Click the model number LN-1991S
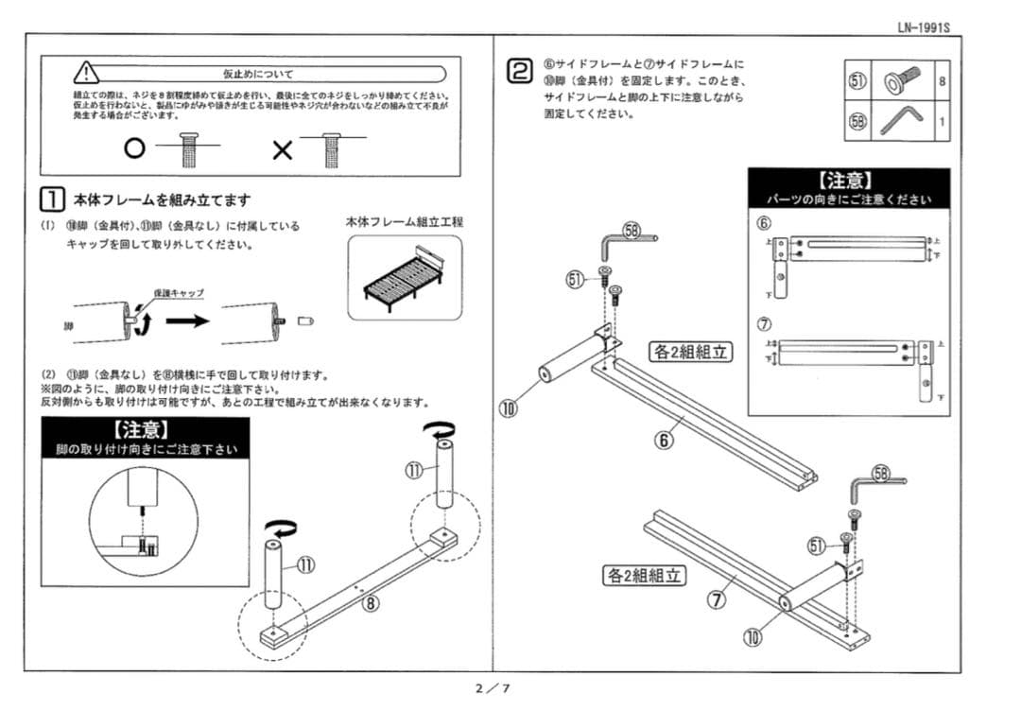923,26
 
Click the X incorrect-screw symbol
282,149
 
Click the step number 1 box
52,199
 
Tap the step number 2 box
519,71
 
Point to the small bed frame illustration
404,274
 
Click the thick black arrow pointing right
187,321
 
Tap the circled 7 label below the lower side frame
718,603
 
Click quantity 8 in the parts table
942,82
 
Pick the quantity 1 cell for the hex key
942,121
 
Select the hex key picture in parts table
899,121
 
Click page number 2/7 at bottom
493,688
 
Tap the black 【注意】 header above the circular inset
147,431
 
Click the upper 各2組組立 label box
689,352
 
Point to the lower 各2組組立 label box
645,575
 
